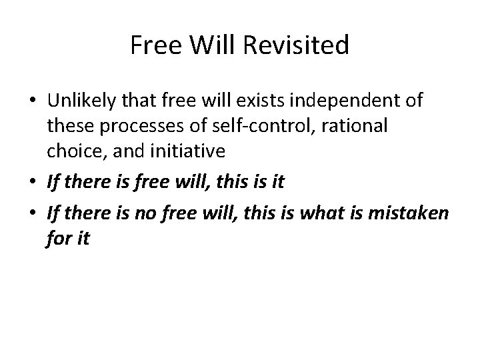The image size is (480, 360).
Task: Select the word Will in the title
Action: (x=215, y=45)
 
